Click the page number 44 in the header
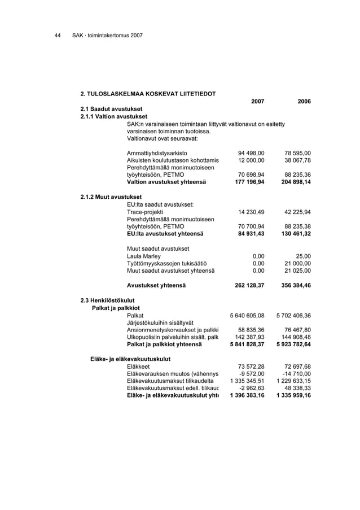tap(57, 36)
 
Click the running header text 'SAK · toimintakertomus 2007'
tap(107, 36)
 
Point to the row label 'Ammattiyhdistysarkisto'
tap(157, 152)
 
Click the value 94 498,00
tap(251, 152)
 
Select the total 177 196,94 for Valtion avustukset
tap(249, 182)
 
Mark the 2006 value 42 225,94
tap(298, 212)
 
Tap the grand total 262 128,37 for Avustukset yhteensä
tap(249, 285)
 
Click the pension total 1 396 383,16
tap(247, 395)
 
